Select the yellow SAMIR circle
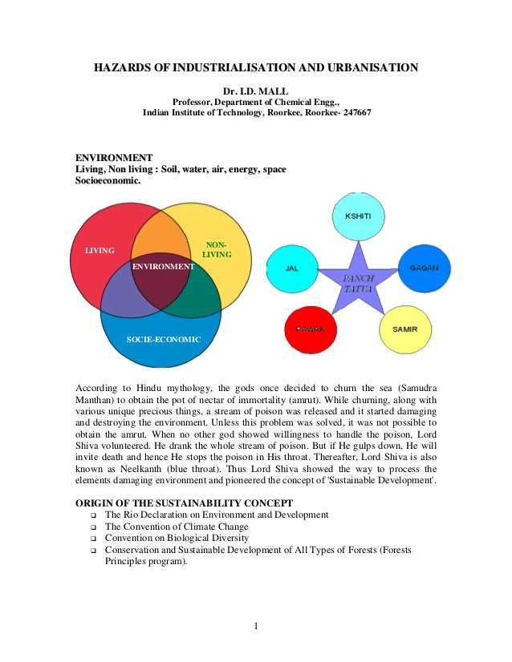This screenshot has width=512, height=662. (404, 329)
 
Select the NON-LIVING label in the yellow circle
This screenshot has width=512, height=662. (217, 249)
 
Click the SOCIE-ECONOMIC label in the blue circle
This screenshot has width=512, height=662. (164, 340)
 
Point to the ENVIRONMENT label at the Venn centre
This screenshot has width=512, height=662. (163, 265)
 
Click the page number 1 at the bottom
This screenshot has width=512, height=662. (255, 626)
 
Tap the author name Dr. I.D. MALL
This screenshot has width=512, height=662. (256, 90)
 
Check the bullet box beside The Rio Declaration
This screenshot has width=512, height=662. (92, 514)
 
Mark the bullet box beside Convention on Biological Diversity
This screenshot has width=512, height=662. (92, 539)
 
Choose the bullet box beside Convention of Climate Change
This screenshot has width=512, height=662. (92, 527)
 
